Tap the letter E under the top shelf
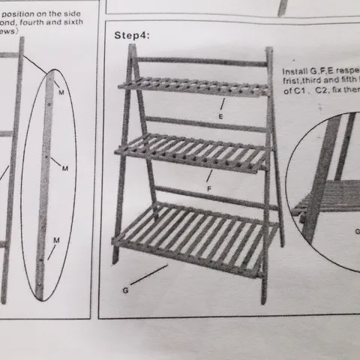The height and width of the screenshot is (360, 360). click(220, 118)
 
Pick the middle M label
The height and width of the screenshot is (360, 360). click(64, 168)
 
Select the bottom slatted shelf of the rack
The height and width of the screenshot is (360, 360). click(191, 232)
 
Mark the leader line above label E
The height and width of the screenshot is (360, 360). click(223, 105)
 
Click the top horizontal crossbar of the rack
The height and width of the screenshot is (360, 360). click(202, 61)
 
